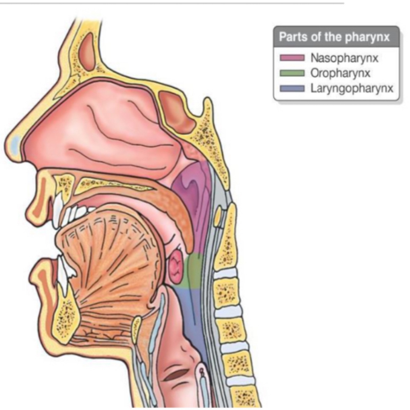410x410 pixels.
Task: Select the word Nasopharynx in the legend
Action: tap(344, 58)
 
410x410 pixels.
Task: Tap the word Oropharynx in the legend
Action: tap(340, 73)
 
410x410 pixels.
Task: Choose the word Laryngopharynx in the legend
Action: tap(352, 89)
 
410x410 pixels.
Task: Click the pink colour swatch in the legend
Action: tap(292, 58)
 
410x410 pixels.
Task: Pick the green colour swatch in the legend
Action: tap(292, 73)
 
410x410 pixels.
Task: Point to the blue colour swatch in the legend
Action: tap(292, 89)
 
